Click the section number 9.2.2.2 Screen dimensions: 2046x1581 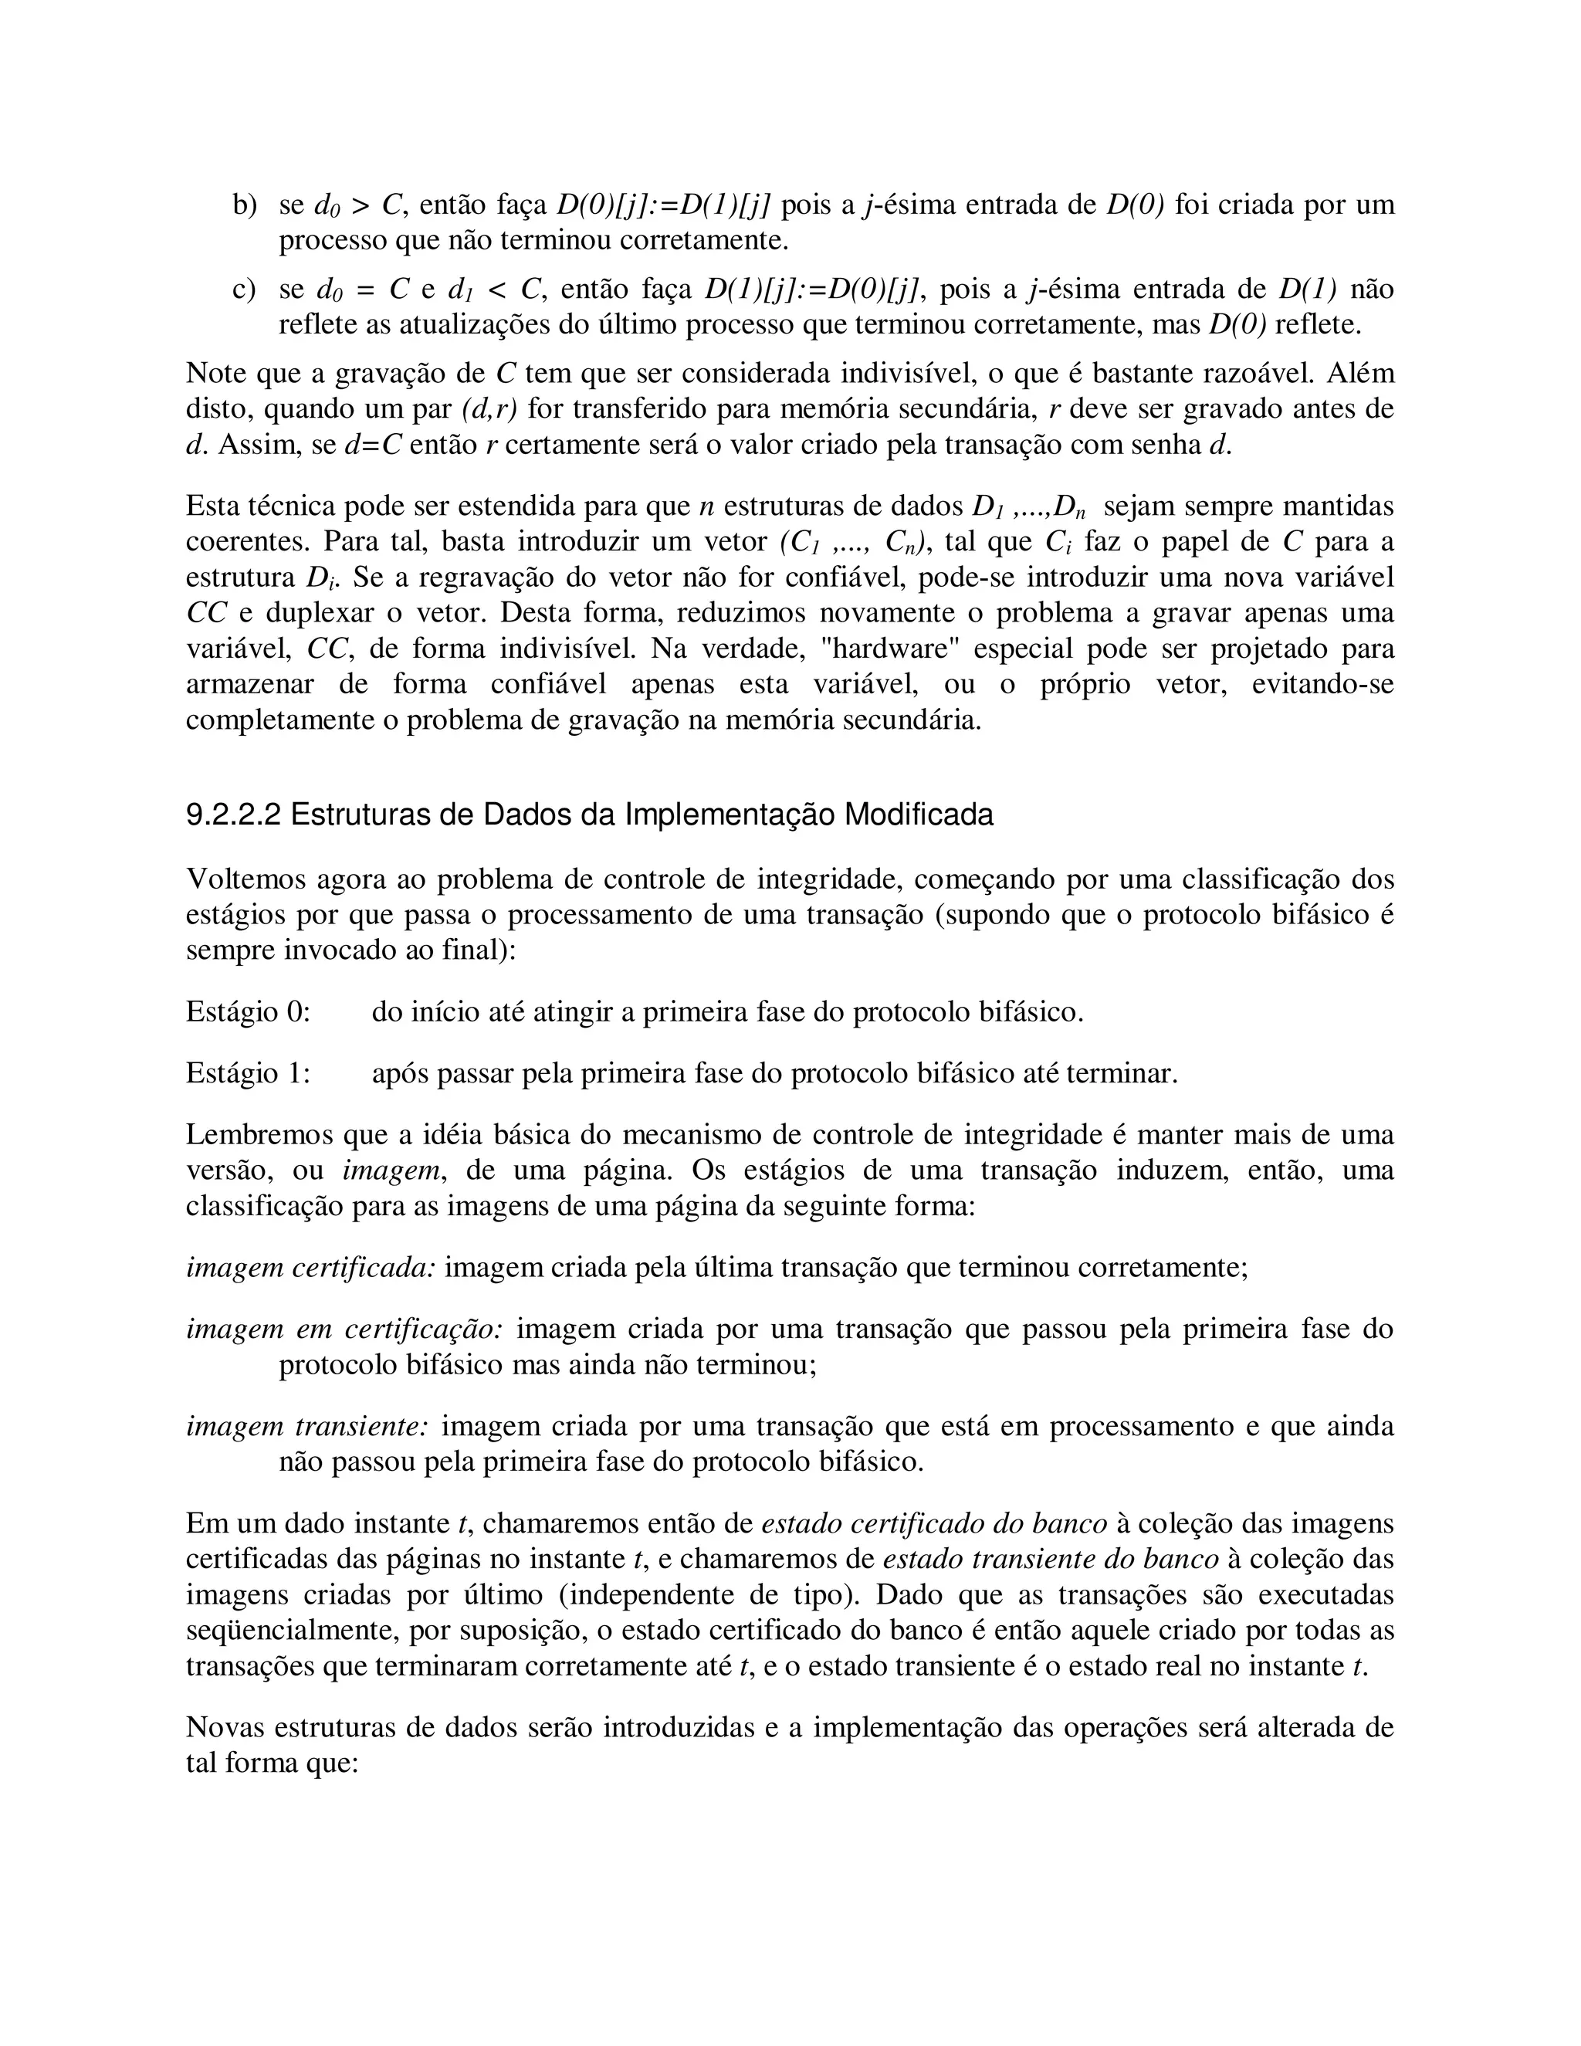[233, 815]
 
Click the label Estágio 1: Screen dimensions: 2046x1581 [249, 1072]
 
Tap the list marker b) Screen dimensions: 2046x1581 [245, 205]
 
